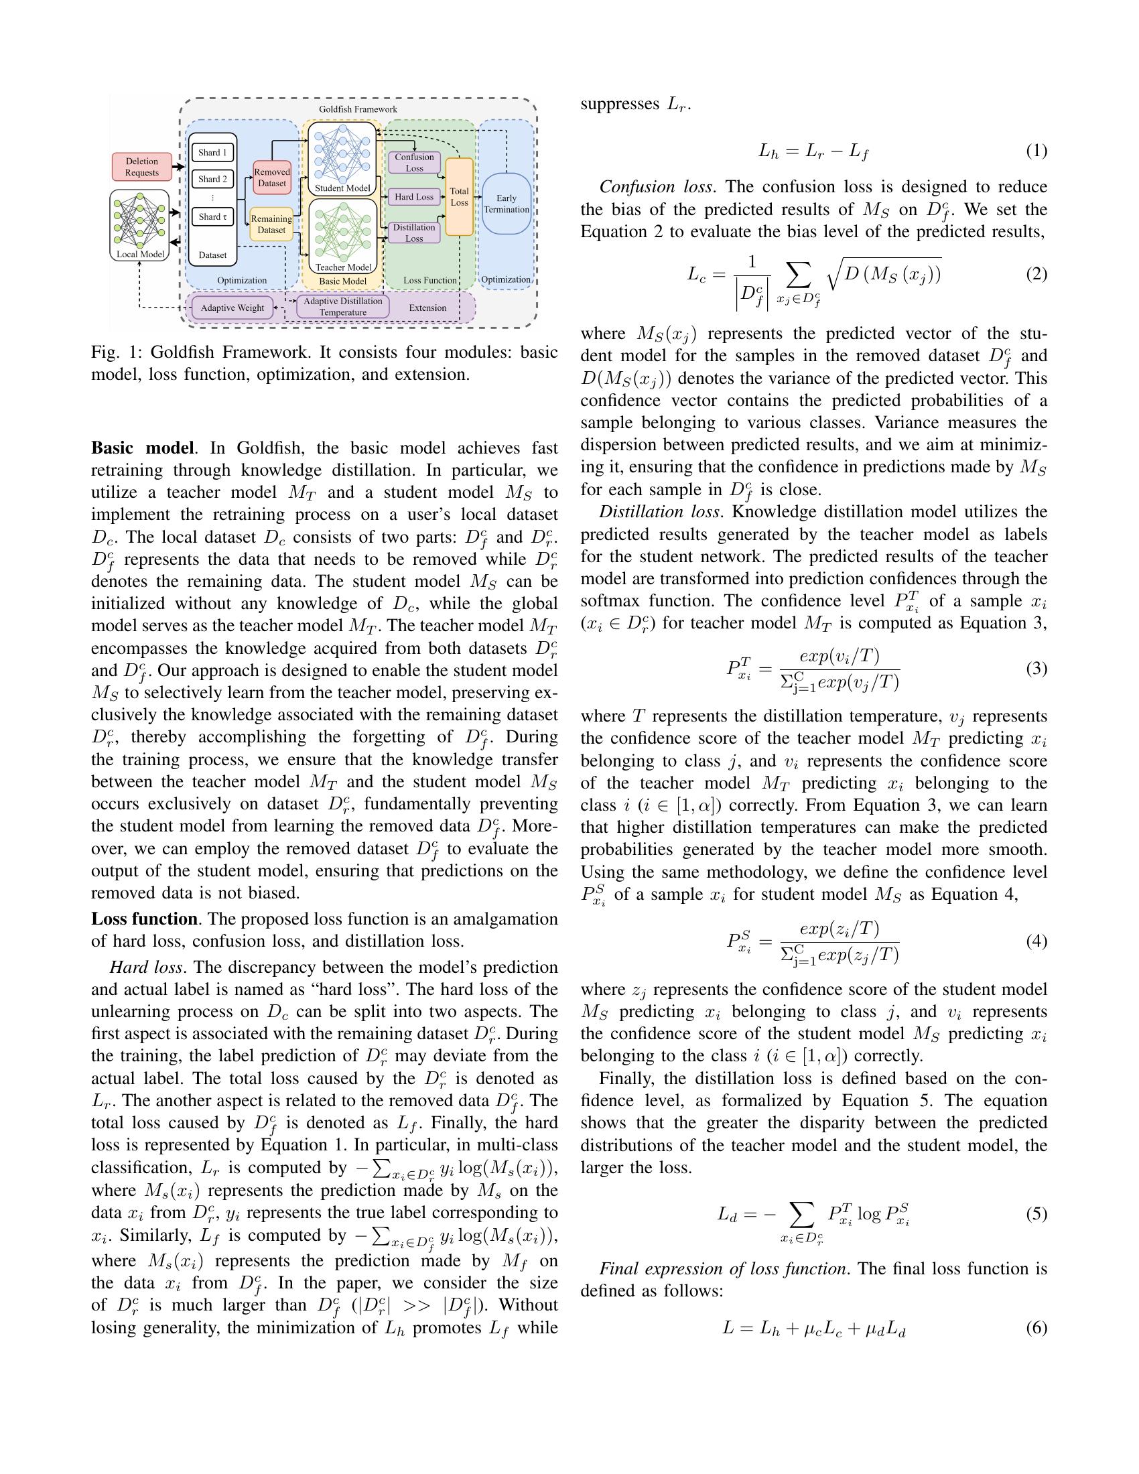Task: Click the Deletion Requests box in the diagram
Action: coord(141,167)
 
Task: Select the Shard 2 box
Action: coord(212,179)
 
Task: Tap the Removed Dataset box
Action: coord(272,178)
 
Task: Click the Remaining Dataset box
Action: coord(271,224)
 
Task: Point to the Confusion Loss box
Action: coord(414,163)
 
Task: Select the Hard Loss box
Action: coord(413,197)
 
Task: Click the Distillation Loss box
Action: coord(413,233)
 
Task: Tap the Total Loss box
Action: coord(459,197)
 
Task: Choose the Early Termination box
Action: coord(506,203)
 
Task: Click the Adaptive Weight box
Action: coord(232,308)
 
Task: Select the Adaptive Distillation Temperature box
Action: coord(343,306)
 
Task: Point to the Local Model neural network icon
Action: coord(139,220)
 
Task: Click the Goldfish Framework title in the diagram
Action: coord(358,109)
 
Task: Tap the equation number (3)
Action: coord(1036,668)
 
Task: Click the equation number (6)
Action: coord(1036,1327)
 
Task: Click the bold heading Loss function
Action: coord(144,919)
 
